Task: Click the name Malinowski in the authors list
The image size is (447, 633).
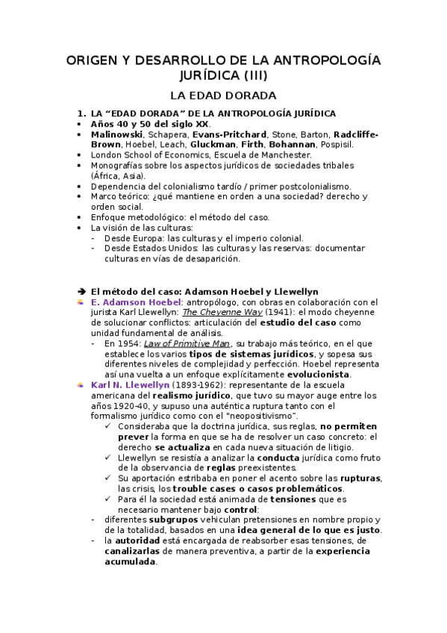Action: pyautogui.click(x=117, y=134)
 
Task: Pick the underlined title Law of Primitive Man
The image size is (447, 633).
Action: pyautogui.click(x=177, y=343)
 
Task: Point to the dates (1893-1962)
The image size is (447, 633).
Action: pyautogui.click(x=190, y=384)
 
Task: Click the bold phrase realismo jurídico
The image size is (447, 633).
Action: pyautogui.click(x=189, y=394)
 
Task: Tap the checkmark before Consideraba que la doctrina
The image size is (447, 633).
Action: pyautogui.click(x=110, y=425)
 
